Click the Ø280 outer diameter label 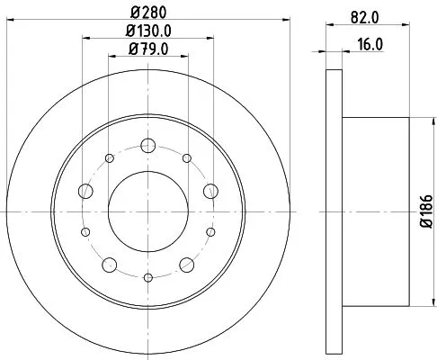click(147, 12)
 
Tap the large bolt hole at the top click(147, 144)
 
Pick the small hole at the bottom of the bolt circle click(147, 278)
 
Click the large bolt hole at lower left click(109, 264)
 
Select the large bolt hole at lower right click(186, 264)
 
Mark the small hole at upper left click(109, 159)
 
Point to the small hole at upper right click(186, 159)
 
